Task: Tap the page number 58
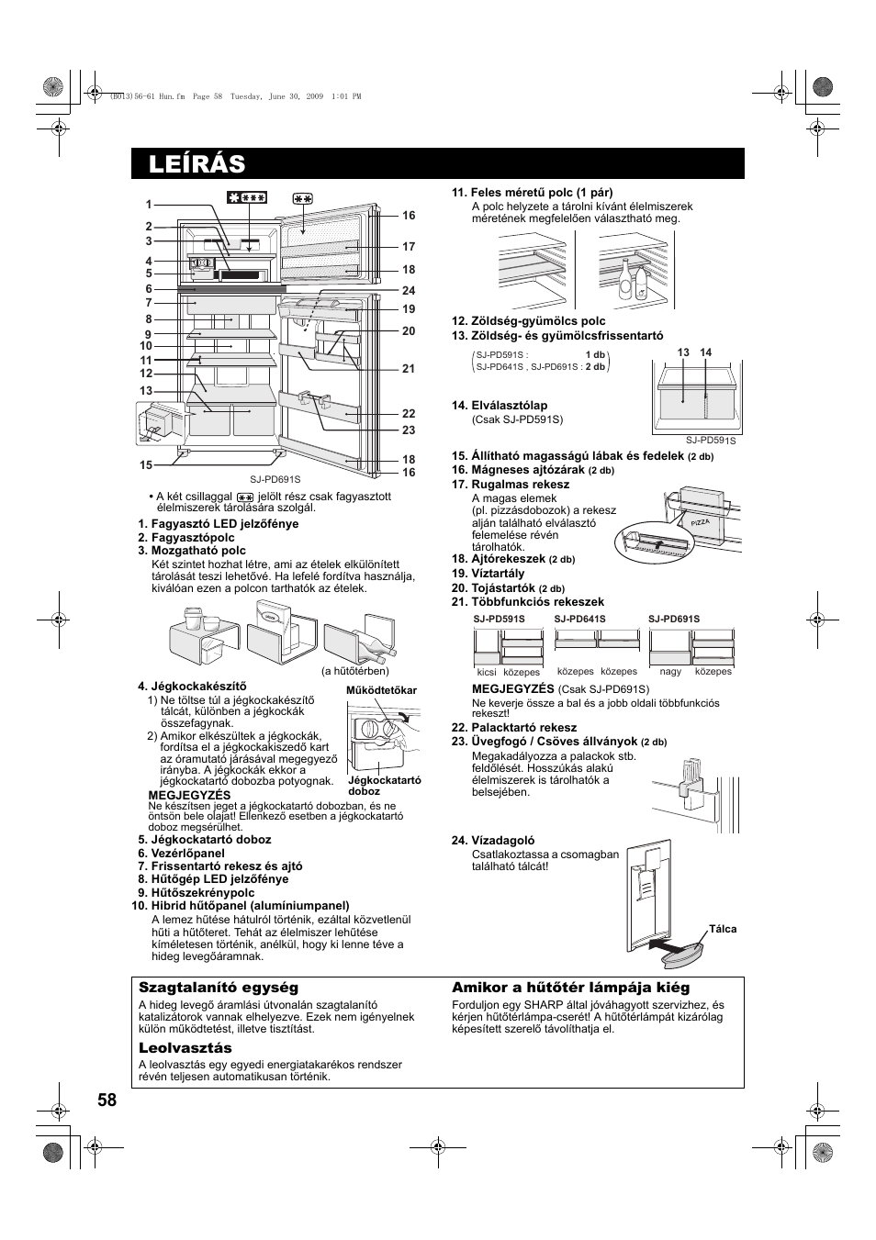click(107, 1101)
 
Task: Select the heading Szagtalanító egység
click(219, 988)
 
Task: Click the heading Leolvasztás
click(185, 1048)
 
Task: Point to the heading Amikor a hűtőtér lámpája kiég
click(570, 988)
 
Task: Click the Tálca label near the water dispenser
click(723, 929)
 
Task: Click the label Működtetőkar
click(381, 690)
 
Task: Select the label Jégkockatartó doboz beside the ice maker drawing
click(384, 786)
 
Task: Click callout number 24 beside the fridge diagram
click(409, 291)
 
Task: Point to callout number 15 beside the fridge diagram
click(146, 465)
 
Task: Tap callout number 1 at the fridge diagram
click(148, 205)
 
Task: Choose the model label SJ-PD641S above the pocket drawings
click(579, 619)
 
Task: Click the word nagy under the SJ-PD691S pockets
click(670, 672)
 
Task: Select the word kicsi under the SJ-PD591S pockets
click(487, 672)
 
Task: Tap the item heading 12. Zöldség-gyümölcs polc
click(528, 321)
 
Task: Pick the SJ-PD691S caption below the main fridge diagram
click(275, 479)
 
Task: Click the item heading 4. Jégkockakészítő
click(192, 686)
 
